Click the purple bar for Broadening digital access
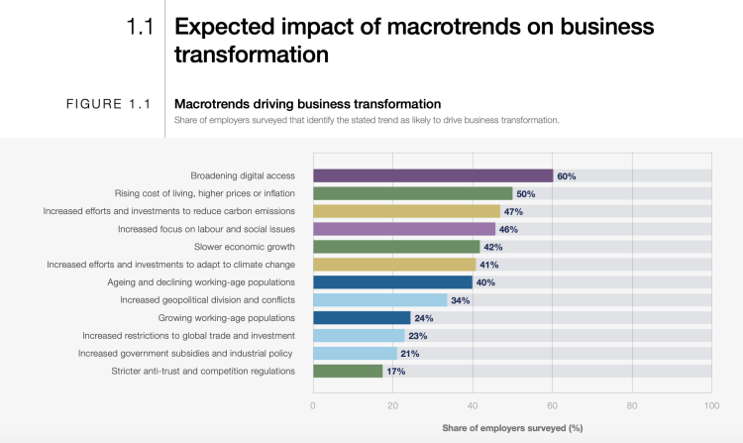tap(433, 175)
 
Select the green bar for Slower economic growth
tap(396, 247)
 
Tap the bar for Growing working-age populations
tap(362, 318)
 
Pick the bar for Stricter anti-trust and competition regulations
tap(348, 372)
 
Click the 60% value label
tap(567, 176)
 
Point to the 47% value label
tap(514, 212)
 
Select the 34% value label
tap(461, 300)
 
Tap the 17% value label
tap(395, 372)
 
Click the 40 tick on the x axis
tap(473, 405)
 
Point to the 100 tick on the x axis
tap(710, 405)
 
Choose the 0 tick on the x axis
tap(313, 405)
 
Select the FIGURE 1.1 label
tap(106, 103)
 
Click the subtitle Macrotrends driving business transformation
tap(307, 103)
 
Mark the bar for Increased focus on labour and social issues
tap(404, 229)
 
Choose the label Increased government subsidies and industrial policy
tap(186, 354)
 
